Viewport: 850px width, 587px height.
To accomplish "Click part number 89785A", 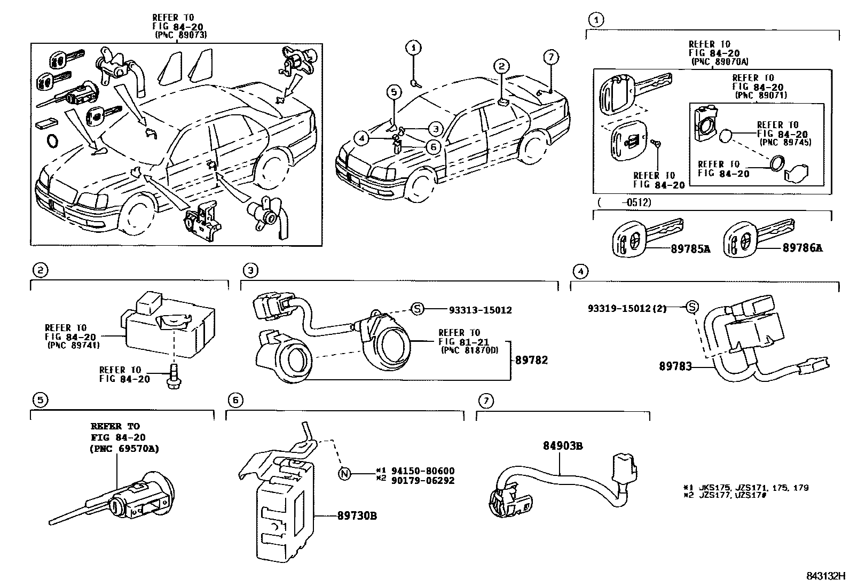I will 689,248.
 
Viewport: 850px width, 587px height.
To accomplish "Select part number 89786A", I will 802,248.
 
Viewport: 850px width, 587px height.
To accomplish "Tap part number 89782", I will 531,361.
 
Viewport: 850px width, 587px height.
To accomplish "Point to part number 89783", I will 675,366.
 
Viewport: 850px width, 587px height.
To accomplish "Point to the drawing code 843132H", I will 825,576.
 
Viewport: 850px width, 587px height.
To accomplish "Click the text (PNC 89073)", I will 180,35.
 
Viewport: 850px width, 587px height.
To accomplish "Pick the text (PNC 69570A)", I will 124,449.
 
